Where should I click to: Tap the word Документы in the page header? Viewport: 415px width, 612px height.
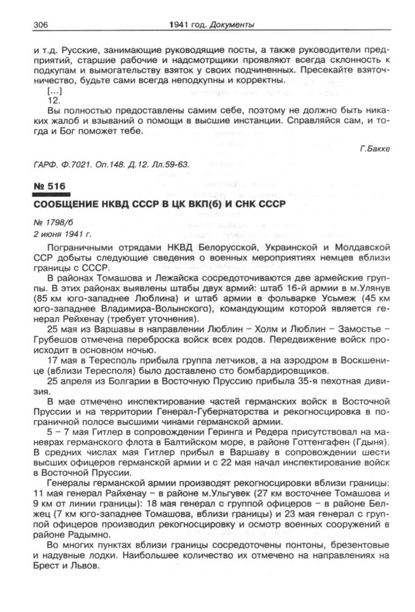pos(233,25)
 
